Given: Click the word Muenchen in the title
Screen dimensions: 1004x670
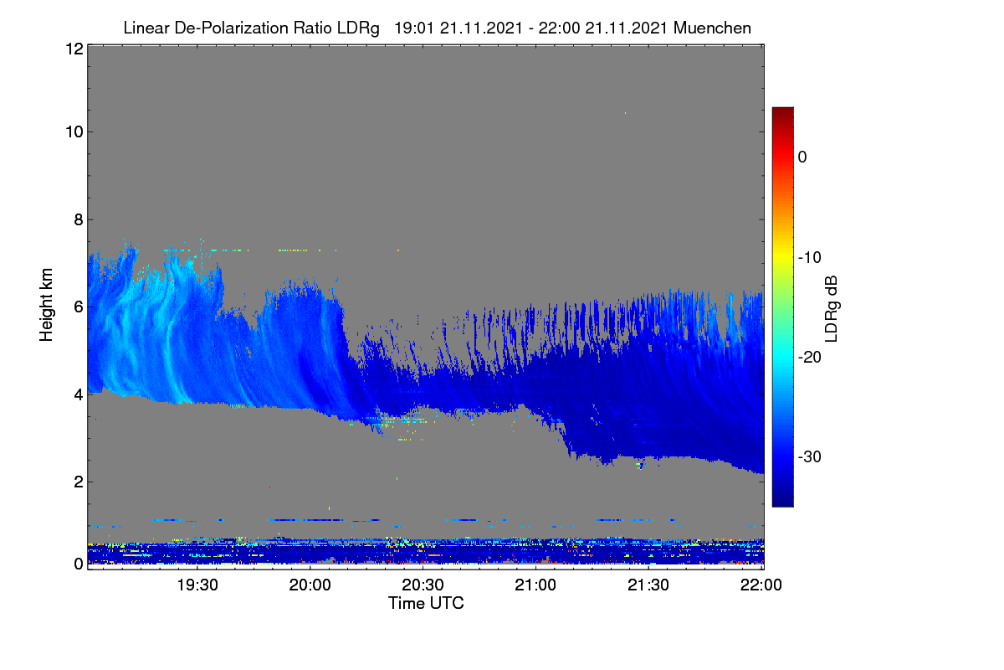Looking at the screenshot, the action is (712, 28).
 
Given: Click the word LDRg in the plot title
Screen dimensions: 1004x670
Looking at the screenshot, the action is (358, 28).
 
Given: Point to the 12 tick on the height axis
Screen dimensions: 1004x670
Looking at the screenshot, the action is (74, 49).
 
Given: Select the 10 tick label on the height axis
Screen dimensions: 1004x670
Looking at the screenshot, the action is (74, 132).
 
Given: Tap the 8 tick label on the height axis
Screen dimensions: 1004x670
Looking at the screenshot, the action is (79, 220).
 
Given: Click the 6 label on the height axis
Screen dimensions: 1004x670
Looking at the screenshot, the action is (79, 307).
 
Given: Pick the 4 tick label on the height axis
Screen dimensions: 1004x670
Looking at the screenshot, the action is (79, 395).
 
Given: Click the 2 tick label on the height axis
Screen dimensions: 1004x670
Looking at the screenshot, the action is (79, 482).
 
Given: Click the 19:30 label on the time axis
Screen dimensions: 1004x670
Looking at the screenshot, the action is (197, 585).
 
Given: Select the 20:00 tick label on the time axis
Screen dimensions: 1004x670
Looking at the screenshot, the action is (310, 585).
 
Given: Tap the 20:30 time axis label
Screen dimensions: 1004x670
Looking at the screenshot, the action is (423, 585).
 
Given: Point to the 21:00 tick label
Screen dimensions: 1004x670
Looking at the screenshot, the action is (535, 585).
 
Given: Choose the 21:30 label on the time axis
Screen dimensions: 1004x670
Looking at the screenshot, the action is (648, 585).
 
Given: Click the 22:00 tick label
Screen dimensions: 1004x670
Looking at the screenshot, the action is (761, 585).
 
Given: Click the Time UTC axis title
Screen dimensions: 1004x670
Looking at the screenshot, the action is (426, 603).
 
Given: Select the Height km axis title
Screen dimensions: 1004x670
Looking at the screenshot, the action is (46, 305).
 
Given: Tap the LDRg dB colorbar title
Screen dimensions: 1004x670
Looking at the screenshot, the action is (831, 309).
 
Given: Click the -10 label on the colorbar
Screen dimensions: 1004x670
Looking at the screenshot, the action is (810, 258).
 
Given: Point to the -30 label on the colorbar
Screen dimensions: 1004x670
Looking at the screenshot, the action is (810, 456).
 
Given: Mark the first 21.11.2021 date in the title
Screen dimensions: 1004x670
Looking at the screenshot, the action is (481, 28).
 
